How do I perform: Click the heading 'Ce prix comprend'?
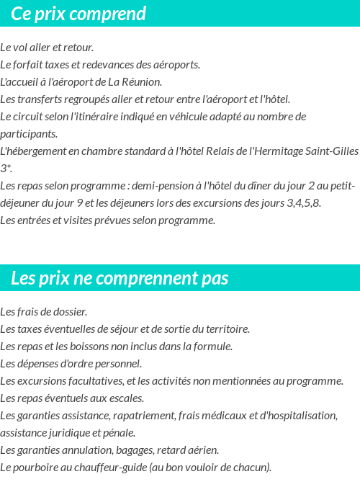pos(78,14)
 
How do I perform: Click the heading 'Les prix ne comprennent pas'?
pos(120,278)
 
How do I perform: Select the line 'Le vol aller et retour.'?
pos(47,48)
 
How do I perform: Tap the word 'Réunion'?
pos(142,82)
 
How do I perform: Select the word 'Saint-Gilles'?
pos(331,151)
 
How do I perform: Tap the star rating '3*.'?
pos(6,169)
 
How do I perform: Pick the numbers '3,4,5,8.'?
pos(304,203)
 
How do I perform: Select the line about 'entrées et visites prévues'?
pos(108,220)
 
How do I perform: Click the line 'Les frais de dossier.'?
pos(44,312)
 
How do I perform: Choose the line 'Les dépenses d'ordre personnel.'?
pos(71,364)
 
